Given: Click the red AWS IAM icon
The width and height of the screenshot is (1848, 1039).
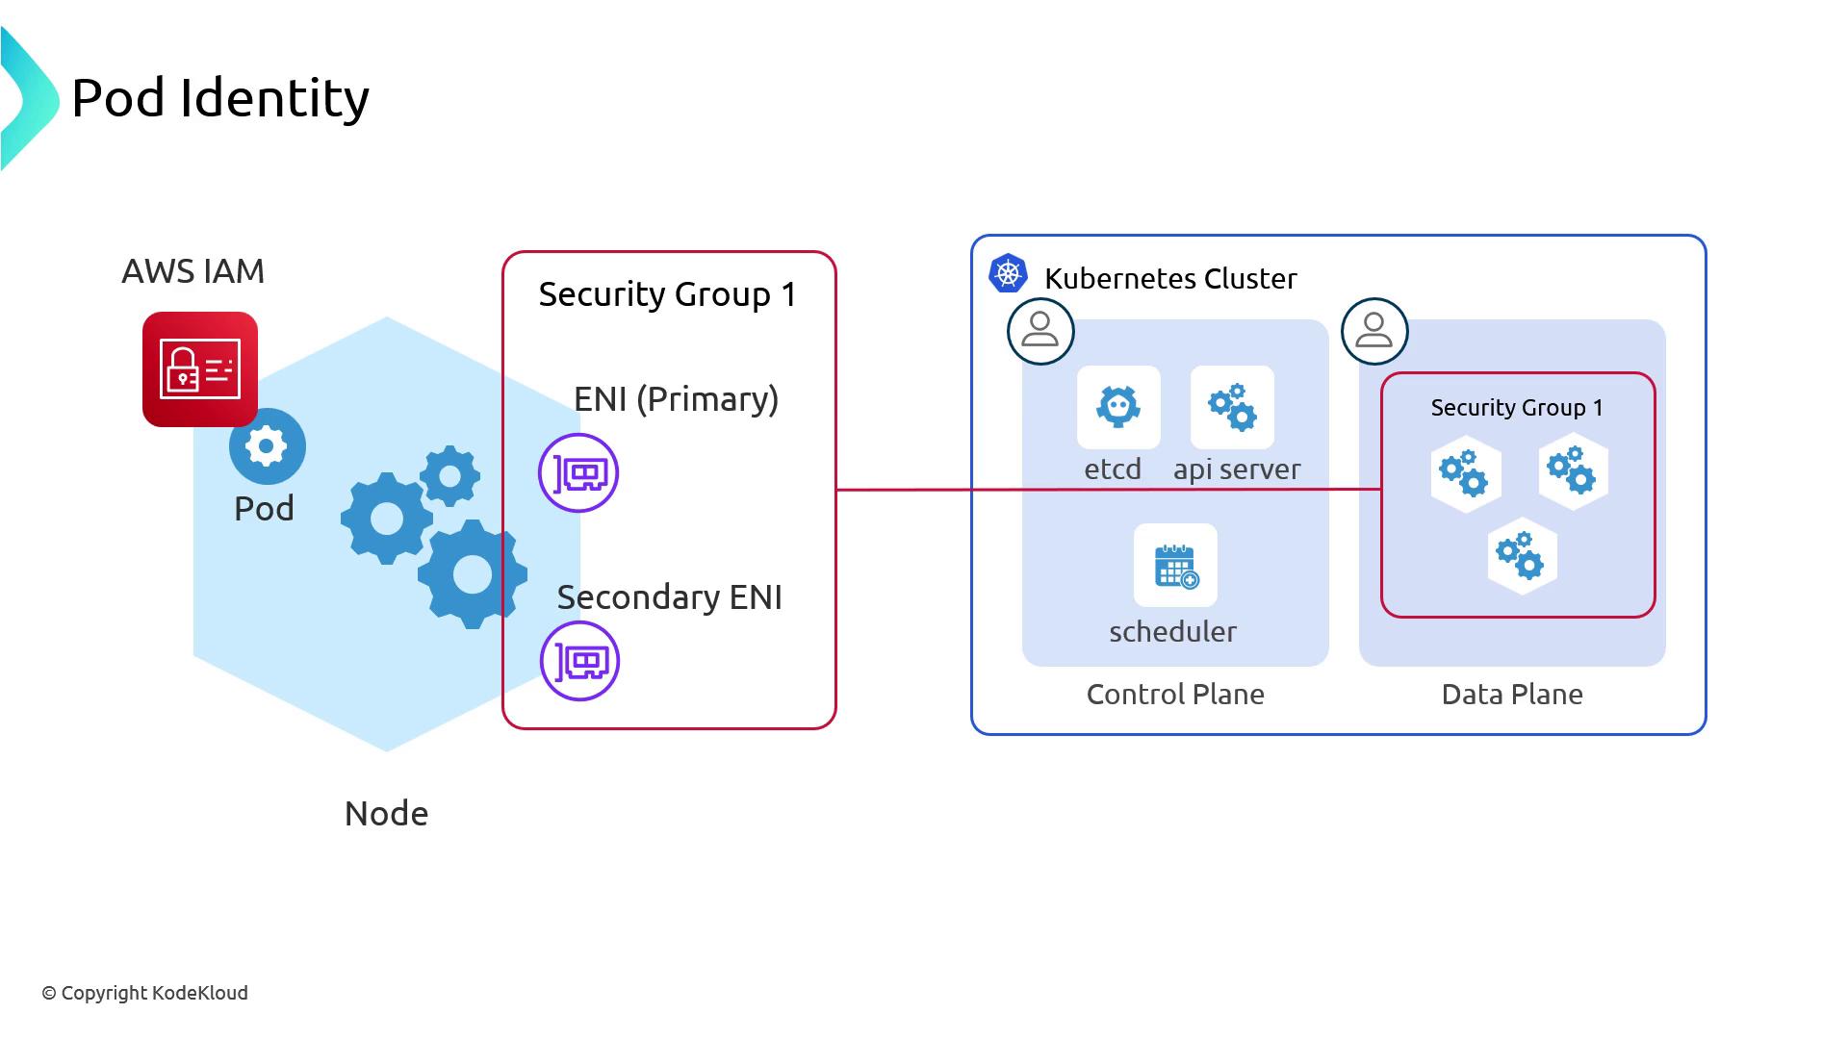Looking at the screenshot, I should pos(200,368).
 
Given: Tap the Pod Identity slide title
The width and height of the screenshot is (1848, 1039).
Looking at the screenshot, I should pos(220,98).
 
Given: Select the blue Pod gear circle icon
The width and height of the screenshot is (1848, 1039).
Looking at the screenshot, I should pos(268,445).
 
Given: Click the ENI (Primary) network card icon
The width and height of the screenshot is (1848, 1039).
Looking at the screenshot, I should pos(578,473).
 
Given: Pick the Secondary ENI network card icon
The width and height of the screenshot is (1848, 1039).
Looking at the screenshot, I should pos(579,661).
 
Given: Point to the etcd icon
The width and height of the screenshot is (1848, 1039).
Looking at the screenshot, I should pos(1118,407).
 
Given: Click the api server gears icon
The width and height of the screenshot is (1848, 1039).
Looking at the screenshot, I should pos(1232,407).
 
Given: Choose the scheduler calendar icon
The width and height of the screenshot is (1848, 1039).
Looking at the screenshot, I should pos(1175,566).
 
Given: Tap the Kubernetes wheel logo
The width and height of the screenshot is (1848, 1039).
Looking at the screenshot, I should pos(1008,274).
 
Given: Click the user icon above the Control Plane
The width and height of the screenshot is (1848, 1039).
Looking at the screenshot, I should pos(1040,331).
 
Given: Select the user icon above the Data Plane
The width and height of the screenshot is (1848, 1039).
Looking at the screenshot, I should pos(1374,331).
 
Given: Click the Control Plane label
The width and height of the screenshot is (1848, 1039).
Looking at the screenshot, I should pos(1175,695).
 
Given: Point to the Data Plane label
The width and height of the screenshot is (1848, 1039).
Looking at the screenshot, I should pos(1512,695).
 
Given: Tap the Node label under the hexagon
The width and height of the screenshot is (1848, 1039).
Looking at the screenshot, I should pos(386,814).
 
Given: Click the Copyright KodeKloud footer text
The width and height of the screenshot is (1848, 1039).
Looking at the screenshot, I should pos(145,993).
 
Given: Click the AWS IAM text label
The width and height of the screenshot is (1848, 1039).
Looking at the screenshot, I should pos(192,271).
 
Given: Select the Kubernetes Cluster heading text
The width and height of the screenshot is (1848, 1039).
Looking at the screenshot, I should pos(1170,279).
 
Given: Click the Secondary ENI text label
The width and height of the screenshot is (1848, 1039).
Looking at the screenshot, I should pos(669,597).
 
